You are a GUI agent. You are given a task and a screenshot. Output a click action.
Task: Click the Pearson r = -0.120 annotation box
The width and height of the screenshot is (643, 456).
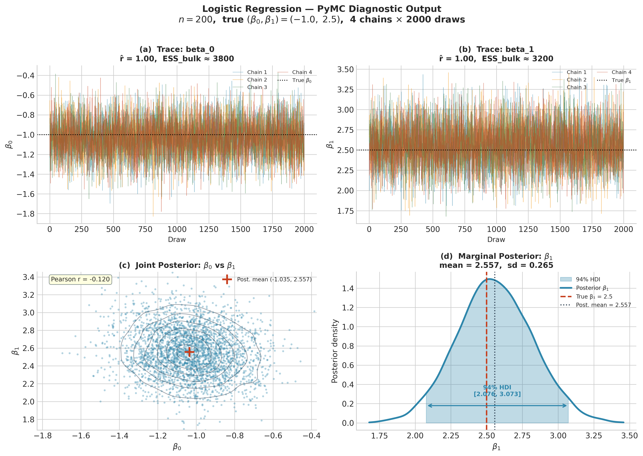(x=80, y=279)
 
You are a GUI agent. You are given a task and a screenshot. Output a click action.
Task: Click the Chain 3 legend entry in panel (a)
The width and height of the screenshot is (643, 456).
(x=257, y=87)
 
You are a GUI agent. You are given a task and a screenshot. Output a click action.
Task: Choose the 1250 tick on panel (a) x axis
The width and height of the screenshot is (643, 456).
(x=209, y=229)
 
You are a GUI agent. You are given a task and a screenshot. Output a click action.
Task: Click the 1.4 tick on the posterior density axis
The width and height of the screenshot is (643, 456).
(x=348, y=288)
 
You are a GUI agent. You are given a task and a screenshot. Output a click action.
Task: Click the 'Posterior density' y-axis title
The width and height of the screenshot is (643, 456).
(x=334, y=351)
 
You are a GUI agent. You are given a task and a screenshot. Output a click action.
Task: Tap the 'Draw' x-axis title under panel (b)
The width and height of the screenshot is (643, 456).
(x=496, y=239)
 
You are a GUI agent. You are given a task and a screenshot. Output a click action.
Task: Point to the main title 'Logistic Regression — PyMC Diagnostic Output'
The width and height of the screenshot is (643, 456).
(x=321, y=9)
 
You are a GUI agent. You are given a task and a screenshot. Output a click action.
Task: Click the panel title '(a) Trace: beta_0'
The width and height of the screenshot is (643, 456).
(x=177, y=49)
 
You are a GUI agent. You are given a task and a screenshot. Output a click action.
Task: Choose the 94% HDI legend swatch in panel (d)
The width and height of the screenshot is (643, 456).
(x=566, y=279)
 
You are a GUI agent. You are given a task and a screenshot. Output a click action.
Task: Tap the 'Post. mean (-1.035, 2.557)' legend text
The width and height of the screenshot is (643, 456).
(x=274, y=279)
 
